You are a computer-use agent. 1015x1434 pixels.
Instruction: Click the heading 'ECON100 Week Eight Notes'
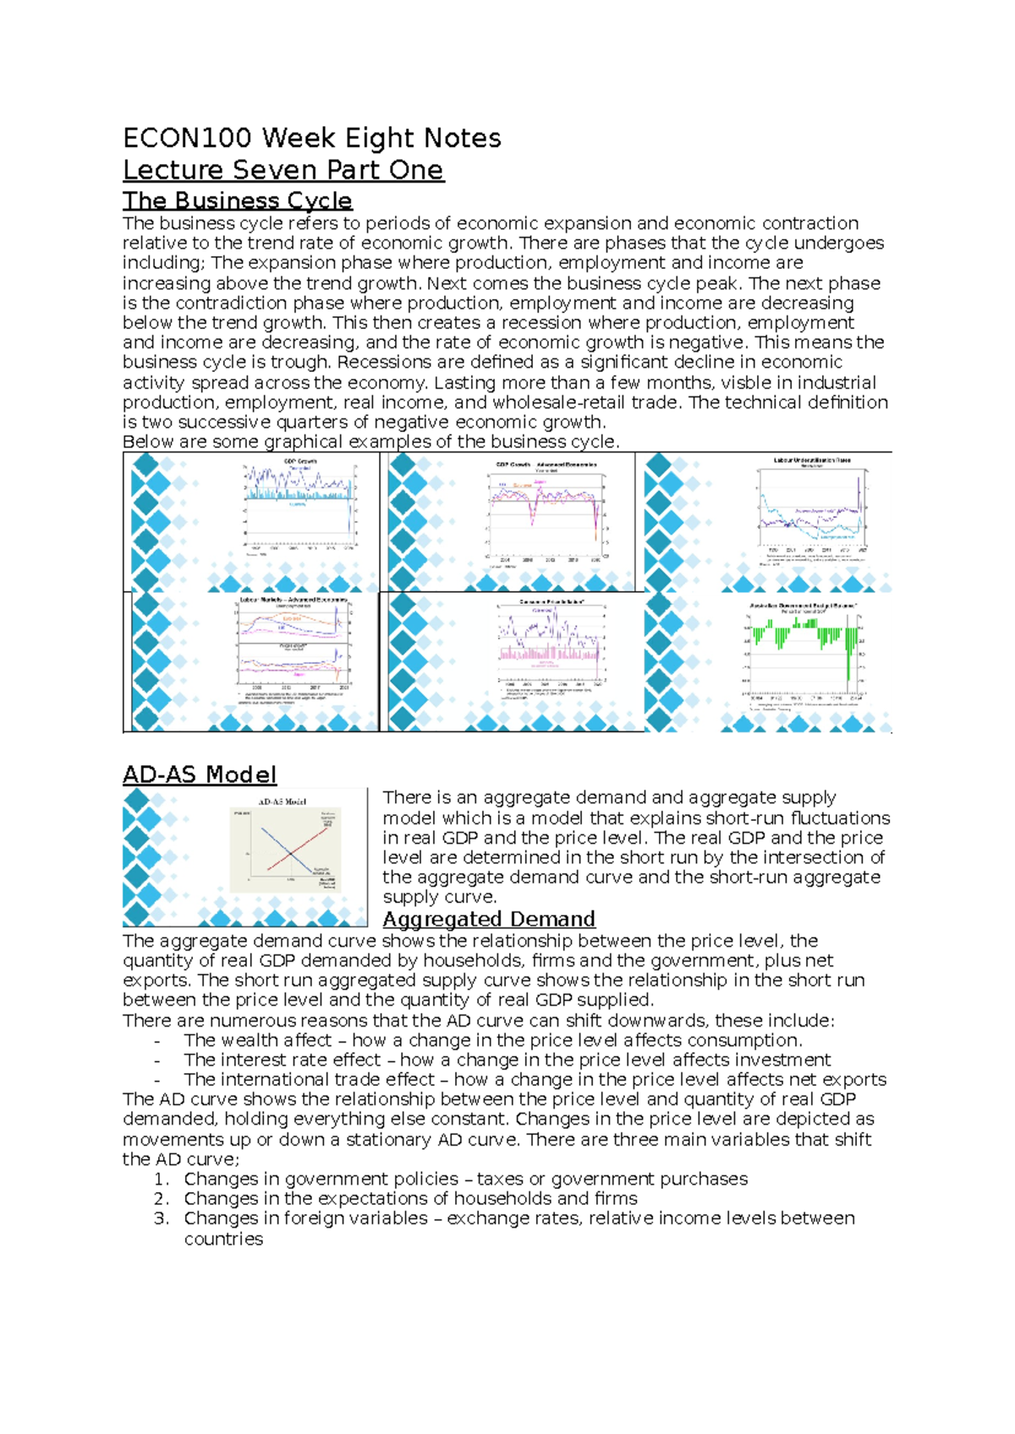(x=311, y=138)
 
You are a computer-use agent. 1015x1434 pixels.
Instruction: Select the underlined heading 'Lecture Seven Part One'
(x=283, y=170)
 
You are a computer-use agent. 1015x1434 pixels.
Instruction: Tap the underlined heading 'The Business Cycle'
(x=237, y=200)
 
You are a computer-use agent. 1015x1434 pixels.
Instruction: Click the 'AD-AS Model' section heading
(x=200, y=774)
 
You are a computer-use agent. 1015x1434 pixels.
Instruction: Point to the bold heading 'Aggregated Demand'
(x=489, y=919)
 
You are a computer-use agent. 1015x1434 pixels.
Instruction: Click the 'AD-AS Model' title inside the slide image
(x=282, y=802)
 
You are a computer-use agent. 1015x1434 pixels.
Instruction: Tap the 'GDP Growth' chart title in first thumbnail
(x=299, y=462)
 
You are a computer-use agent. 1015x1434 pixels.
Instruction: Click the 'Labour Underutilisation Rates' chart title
(x=812, y=461)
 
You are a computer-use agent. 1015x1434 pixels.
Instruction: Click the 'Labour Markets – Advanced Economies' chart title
(x=294, y=599)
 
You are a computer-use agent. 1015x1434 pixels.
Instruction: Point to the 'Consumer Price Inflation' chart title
(x=552, y=602)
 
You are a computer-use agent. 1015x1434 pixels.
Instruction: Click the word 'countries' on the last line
(x=223, y=1239)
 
